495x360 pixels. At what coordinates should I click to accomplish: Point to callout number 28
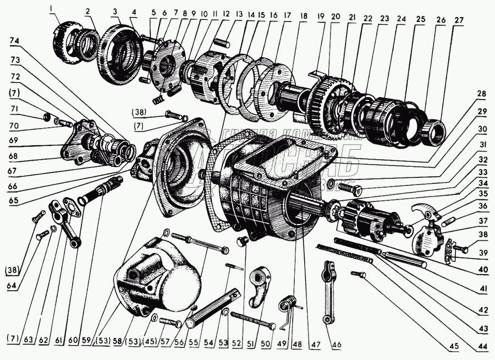pos(482,94)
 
